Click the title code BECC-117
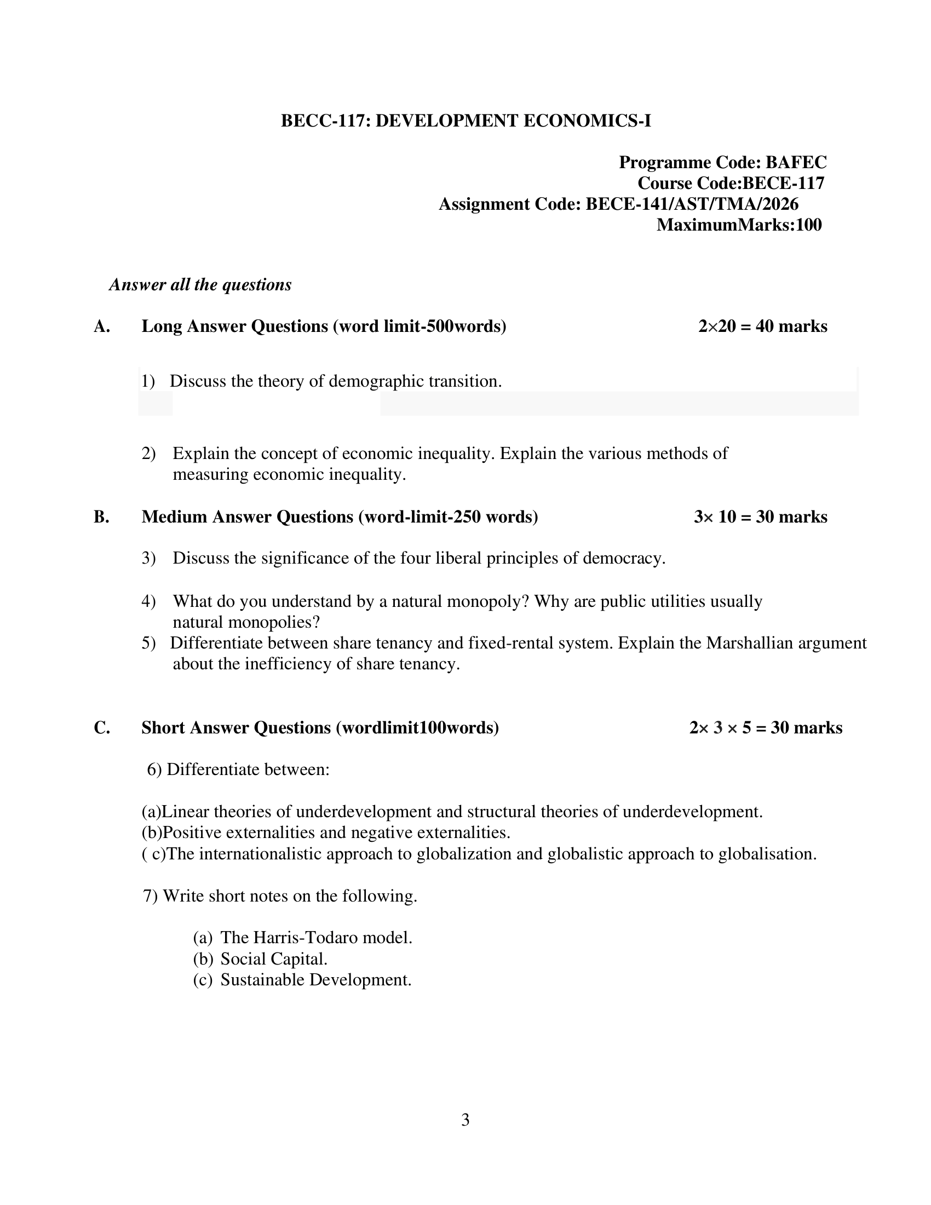[x=325, y=121]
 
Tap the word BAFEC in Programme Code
[x=796, y=162]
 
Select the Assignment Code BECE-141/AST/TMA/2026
[x=692, y=204]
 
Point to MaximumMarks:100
[x=739, y=225]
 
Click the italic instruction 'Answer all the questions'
[x=200, y=285]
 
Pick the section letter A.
[x=101, y=326]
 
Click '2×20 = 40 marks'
[x=762, y=326]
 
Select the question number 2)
[x=148, y=454]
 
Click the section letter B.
[x=101, y=517]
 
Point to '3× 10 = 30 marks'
[x=761, y=517]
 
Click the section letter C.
[x=101, y=728]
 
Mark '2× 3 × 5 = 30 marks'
[x=766, y=728]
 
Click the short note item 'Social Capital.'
[x=274, y=960]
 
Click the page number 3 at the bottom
[x=465, y=1120]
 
